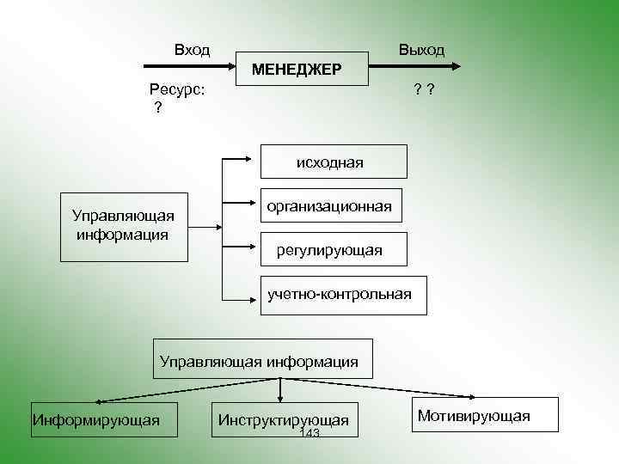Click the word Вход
(x=192, y=50)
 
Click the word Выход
(x=421, y=50)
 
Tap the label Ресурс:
(x=177, y=89)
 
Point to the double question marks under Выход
(x=422, y=89)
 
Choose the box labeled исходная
(x=329, y=162)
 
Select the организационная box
(x=329, y=206)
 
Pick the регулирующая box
(x=329, y=250)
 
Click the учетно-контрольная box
(x=339, y=295)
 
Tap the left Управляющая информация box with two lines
(x=124, y=223)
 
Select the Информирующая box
(x=95, y=420)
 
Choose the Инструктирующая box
(x=283, y=420)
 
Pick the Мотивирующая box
(x=473, y=416)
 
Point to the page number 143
(x=308, y=434)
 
